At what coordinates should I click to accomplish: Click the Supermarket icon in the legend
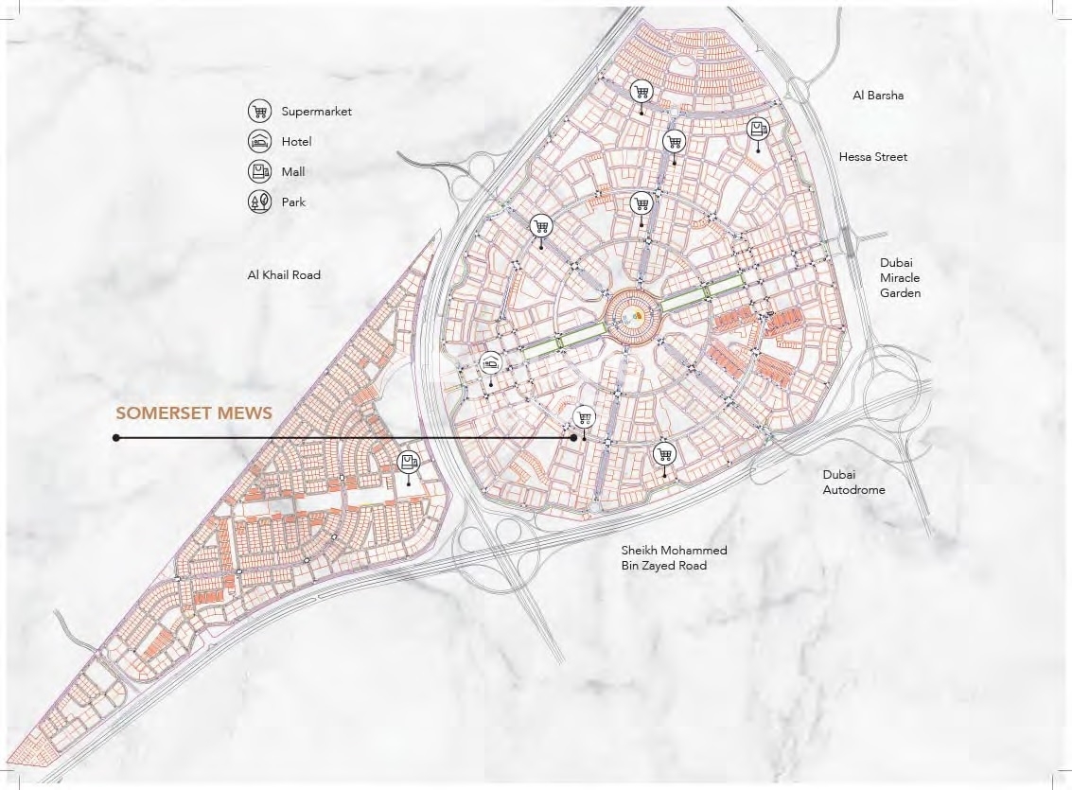coord(259,112)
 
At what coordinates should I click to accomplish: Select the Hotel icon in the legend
coord(259,142)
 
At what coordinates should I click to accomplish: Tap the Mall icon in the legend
coord(259,172)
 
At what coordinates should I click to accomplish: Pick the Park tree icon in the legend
coord(259,202)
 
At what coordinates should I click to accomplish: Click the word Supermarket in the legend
coord(316,112)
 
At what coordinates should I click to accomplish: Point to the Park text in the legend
coord(293,202)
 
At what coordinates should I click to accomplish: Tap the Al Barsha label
coord(877,96)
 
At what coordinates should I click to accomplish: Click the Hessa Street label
coord(872,157)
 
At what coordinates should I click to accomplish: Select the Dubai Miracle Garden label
coord(899,278)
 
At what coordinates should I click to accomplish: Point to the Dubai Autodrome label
coord(853,483)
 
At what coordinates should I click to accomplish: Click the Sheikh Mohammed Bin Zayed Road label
coord(674,558)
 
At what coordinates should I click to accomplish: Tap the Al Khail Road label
coord(284,275)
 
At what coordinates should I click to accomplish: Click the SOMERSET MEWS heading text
coord(194,413)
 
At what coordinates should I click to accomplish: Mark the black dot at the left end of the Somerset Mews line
coord(115,438)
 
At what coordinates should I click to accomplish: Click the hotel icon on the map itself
coord(490,362)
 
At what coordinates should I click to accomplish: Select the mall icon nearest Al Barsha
coord(757,129)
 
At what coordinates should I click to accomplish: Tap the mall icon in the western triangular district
coord(409,463)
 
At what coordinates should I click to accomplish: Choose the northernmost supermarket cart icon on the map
coord(641,91)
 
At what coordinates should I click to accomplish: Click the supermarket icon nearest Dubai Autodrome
coord(664,454)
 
